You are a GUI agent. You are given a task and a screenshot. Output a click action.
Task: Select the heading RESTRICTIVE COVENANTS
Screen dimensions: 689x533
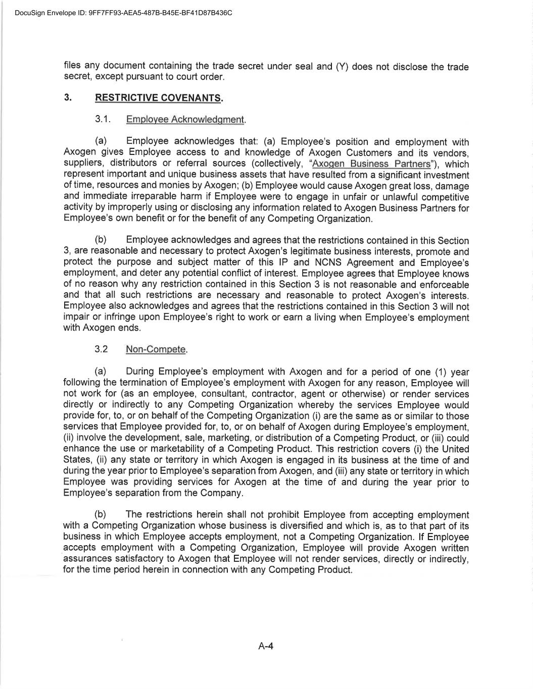tap(159, 98)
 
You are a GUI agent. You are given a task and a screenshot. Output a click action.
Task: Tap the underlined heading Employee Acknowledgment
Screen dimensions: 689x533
tap(185, 120)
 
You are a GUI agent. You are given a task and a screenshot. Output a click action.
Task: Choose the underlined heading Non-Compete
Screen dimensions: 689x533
tap(156, 349)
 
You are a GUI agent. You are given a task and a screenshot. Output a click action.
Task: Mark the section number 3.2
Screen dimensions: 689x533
tap(101, 349)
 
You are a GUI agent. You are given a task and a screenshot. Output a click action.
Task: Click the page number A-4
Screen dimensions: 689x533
tap(266, 646)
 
